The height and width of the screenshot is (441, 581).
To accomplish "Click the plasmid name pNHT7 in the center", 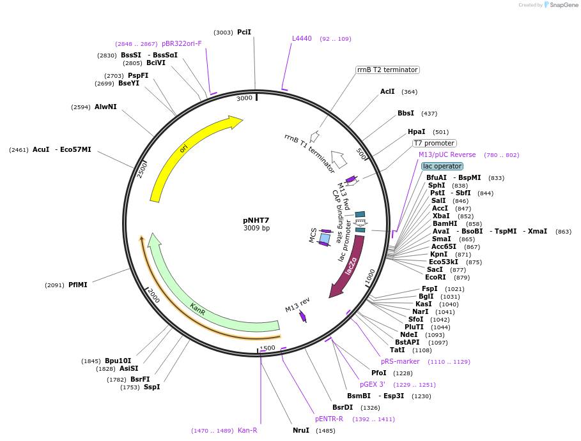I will point(256,220).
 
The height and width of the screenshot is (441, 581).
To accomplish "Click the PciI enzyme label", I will point(244,32).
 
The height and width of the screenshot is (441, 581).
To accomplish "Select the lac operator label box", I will point(442,166).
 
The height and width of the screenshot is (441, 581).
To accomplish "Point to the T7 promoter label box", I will point(434,144).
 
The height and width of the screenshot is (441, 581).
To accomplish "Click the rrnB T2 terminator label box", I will point(387,70).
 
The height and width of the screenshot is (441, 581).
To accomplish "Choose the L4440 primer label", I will point(302,38).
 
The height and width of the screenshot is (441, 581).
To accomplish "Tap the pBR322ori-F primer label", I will point(182,43).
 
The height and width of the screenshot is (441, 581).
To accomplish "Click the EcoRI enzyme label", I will point(435,277).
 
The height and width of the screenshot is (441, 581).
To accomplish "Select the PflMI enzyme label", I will point(78,285).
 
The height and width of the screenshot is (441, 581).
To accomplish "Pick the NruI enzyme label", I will point(301,430).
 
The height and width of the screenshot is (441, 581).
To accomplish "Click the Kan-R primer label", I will point(247,430).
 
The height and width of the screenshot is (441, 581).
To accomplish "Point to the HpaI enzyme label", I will point(417,131).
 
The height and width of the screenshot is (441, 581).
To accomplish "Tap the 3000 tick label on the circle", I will point(245,98).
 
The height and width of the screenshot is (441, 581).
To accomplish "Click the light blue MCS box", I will point(325,239).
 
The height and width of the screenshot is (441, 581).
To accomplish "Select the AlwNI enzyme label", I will point(105,107).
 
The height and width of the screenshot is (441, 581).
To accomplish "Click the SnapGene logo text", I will point(562,5).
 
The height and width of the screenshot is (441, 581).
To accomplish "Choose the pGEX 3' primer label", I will point(373,384).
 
